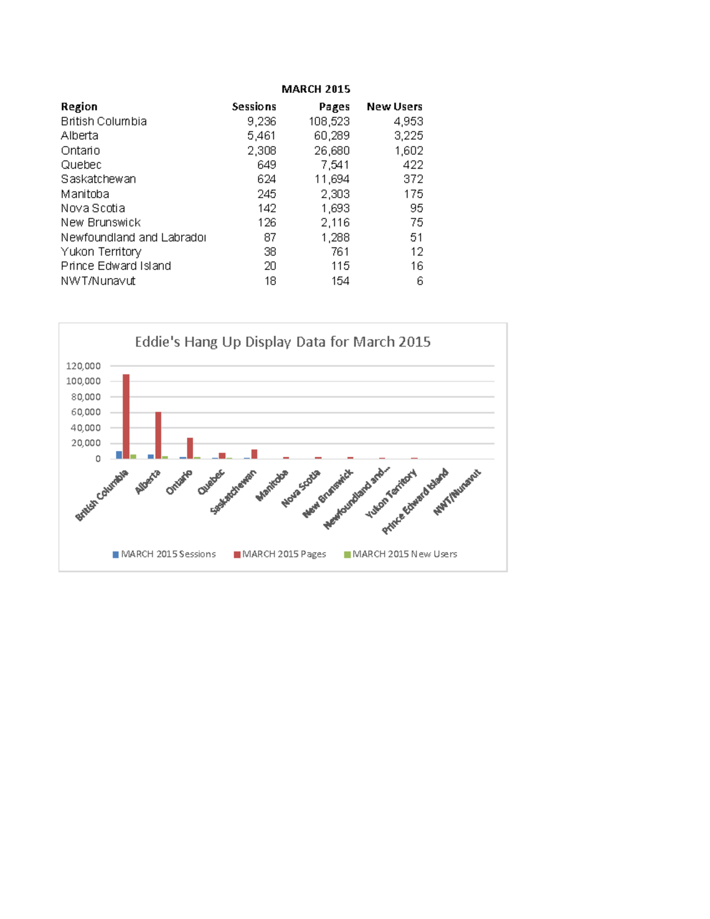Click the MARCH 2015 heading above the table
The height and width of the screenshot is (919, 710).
[315, 89]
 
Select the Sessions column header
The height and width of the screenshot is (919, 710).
[254, 107]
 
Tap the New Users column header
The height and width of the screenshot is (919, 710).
[394, 107]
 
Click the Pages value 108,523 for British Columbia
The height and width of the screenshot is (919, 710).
[329, 121]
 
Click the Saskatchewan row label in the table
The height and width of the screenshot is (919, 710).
[98, 179]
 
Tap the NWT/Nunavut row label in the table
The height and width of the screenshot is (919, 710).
[98, 280]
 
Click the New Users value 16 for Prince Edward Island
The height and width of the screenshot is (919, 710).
[417, 266]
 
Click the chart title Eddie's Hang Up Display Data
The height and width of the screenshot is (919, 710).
[282, 341]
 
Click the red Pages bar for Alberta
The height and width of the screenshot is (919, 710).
[158, 435]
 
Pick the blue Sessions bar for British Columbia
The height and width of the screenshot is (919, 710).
[119, 454]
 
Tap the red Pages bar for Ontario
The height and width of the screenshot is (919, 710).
[190, 448]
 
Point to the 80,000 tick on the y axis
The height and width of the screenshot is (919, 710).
[83, 397]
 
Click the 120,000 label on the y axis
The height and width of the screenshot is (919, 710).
[83, 366]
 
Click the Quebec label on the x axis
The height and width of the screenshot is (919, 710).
[211, 482]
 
